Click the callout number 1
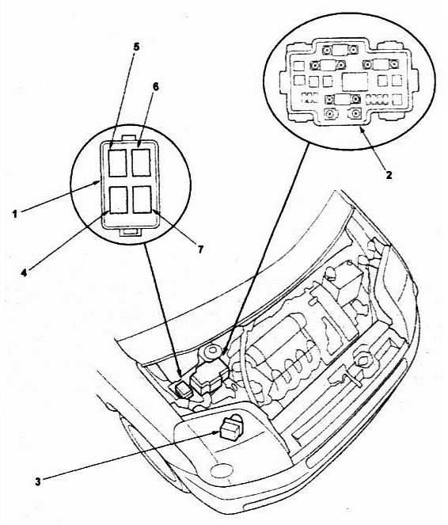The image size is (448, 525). click(x=15, y=214)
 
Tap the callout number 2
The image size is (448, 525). click(x=389, y=174)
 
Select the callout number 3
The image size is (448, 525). click(x=38, y=481)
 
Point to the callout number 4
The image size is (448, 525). click(x=24, y=273)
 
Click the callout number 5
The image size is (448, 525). click(x=136, y=47)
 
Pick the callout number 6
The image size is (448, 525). click(x=156, y=86)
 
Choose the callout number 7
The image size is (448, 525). click(x=200, y=249)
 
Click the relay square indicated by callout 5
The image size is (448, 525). click(x=118, y=162)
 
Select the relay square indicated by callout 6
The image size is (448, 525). click(x=141, y=162)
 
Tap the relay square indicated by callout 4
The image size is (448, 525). click(x=118, y=200)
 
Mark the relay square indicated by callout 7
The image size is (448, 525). click(x=142, y=200)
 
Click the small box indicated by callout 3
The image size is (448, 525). click(x=230, y=429)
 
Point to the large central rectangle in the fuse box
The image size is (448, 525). click(x=355, y=82)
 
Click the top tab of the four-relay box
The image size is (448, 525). click(x=129, y=138)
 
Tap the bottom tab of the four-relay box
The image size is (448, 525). click(x=129, y=232)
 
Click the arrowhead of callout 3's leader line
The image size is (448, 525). click(x=216, y=433)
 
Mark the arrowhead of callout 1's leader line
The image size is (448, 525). click(x=97, y=182)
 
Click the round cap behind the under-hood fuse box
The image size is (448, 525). click(x=211, y=352)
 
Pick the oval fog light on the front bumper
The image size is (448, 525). click(x=221, y=470)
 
